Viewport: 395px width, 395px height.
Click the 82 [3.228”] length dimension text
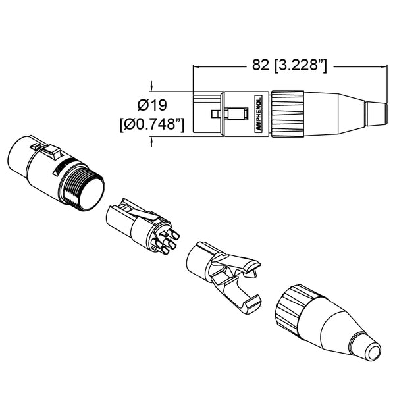click(290, 65)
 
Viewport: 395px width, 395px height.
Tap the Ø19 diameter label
click(152, 105)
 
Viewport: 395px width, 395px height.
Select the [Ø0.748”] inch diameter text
click(152, 124)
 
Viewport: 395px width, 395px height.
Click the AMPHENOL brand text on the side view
click(259, 114)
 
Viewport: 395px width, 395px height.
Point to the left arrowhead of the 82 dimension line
click(196, 66)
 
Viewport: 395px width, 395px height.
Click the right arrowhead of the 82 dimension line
click(384, 66)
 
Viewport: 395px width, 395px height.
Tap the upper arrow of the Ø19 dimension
click(151, 87)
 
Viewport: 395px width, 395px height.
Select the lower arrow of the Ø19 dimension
click(151, 142)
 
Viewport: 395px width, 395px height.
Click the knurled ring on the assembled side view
click(288, 114)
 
